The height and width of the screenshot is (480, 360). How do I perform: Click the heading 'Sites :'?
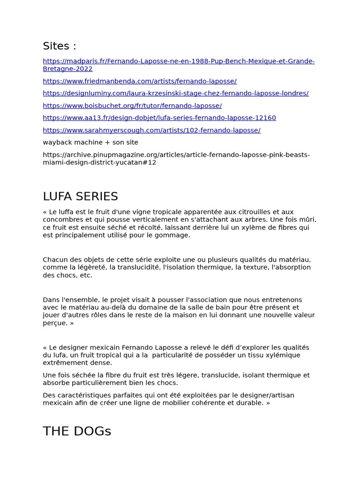(59, 46)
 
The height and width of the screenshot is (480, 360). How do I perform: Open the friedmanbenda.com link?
(140, 81)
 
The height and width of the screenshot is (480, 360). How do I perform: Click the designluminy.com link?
(175, 93)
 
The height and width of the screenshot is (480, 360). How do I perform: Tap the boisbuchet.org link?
(132, 106)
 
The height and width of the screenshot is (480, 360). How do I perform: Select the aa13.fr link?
(159, 118)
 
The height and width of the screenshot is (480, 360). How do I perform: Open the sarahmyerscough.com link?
(151, 130)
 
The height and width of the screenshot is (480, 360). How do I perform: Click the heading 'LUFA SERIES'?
(80, 196)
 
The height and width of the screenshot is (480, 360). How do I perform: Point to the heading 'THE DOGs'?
(77, 431)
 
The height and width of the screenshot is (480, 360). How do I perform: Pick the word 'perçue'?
(55, 323)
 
